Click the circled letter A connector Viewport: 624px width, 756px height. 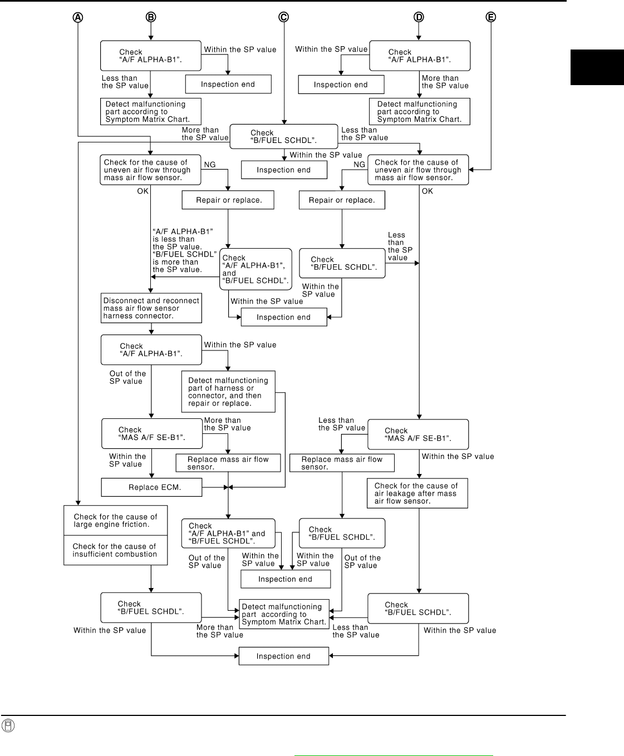[78, 17]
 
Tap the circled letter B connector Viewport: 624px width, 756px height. [151, 17]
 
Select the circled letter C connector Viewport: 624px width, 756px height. [284, 17]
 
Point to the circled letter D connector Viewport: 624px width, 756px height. [419, 17]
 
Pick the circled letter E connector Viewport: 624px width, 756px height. [490, 17]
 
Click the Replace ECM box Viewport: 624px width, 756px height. [151, 487]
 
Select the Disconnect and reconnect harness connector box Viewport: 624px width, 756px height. [151, 308]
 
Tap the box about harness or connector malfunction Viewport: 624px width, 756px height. [228, 392]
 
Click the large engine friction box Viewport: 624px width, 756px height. [116, 521]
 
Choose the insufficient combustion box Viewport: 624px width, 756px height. [116, 550]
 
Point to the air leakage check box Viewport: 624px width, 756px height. [417, 493]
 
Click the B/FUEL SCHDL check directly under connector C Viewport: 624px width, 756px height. [284, 137]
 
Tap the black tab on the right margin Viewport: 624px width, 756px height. [597, 67]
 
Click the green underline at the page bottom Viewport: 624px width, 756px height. [394, 755]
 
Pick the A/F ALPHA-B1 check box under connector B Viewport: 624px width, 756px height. [151, 56]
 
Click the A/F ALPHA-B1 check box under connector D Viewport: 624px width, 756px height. [420, 56]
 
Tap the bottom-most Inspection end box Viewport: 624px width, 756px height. [284, 656]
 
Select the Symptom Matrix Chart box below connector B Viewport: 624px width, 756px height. [151, 112]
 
